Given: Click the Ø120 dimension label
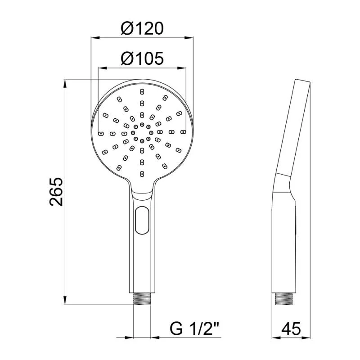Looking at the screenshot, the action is point(142,28).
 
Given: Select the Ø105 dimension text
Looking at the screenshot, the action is point(142,58).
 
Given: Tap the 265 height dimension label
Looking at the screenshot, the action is point(56,192).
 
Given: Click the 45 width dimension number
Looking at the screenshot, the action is point(291,328).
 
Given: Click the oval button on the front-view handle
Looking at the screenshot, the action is point(142,220).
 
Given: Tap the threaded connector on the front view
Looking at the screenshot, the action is point(142,299).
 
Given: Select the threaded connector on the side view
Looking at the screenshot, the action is point(284,299).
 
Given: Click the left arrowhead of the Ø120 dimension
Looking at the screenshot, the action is point(95,38).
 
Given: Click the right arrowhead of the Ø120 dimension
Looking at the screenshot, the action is point(189,38).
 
